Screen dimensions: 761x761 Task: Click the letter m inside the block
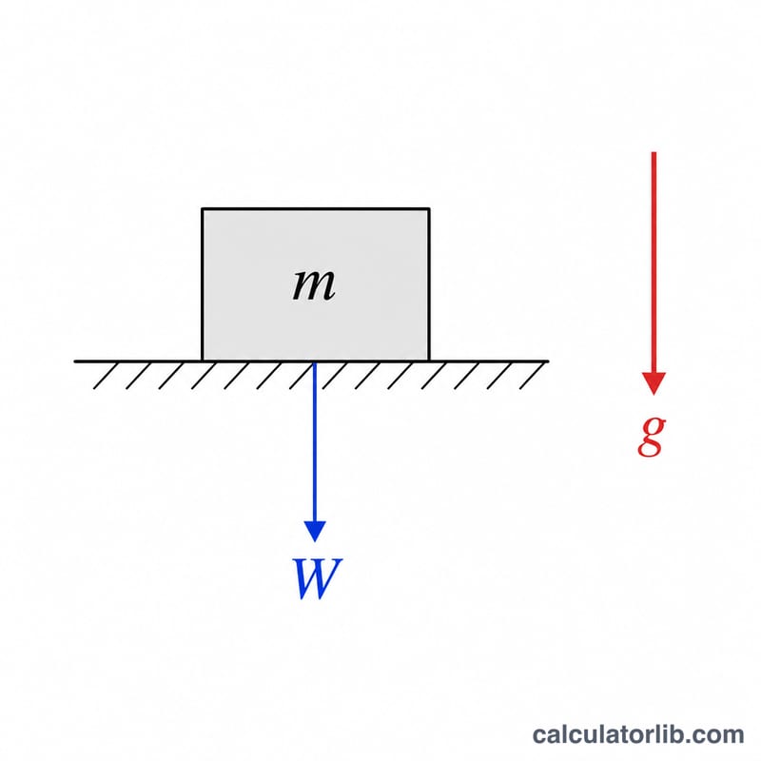(314, 284)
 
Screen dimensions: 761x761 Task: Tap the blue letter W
(317, 578)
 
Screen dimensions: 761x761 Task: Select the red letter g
(652, 436)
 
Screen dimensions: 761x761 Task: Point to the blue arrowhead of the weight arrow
(315, 531)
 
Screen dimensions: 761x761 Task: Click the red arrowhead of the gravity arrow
(654, 383)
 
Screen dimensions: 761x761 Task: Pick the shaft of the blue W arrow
(315, 441)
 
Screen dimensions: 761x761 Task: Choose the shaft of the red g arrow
(654, 263)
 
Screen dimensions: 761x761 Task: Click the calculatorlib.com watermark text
(637, 734)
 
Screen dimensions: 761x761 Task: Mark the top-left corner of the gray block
(203, 209)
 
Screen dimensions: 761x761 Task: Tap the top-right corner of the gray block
(429, 209)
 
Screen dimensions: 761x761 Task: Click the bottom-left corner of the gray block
(203, 361)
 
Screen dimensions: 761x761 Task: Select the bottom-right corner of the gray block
(429, 361)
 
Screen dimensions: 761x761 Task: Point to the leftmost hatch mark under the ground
(106, 376)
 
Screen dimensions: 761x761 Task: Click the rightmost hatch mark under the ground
(532, 376)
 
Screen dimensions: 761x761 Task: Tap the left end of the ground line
(75, 361)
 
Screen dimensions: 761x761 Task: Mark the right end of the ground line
(548, 361)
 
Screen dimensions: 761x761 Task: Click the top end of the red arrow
(654, 152)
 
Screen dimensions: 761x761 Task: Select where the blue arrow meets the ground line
(315, 361)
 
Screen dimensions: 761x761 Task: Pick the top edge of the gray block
(316, 209)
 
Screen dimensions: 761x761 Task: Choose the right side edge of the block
(429, 284)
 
